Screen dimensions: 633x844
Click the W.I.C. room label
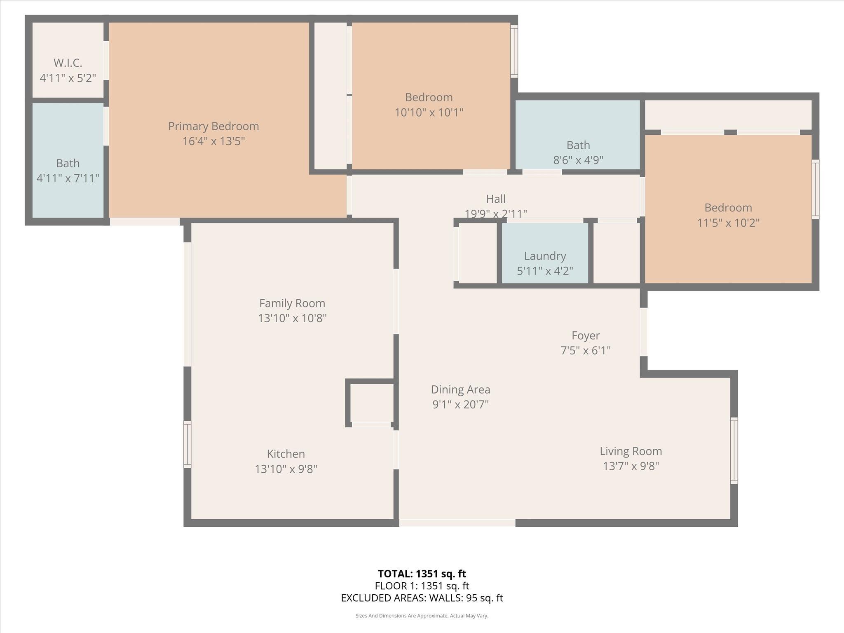[68, 63]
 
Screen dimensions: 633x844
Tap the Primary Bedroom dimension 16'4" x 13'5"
[213, 141]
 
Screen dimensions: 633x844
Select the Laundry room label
[545, 256]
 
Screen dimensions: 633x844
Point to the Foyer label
[585, 335]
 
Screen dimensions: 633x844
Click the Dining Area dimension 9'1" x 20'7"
[460, 404]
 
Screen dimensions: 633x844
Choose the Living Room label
[631, 451]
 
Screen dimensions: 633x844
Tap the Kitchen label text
[286, 454]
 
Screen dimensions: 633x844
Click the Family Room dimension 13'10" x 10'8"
[292, 318]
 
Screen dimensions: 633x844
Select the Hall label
[495, 199]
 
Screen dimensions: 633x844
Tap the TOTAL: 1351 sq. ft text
[422, 574]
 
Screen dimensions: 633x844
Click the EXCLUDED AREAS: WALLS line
[422, 598]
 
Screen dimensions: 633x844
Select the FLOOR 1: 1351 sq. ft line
[422, 586]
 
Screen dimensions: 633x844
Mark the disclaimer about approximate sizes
[422, 616]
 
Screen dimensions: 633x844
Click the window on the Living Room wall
[734, 450]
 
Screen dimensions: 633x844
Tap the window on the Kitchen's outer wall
[188, 444]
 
